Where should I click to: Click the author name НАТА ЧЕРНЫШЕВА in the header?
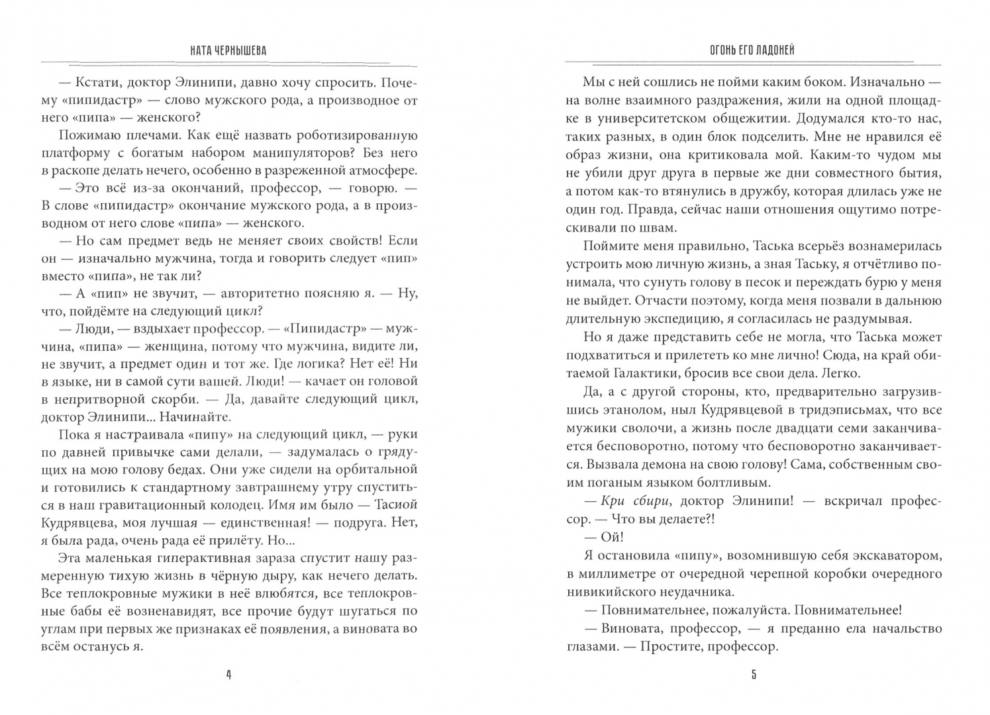[228, 51]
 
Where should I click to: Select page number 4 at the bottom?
[228, 675]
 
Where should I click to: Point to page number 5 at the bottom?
[754, 675]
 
